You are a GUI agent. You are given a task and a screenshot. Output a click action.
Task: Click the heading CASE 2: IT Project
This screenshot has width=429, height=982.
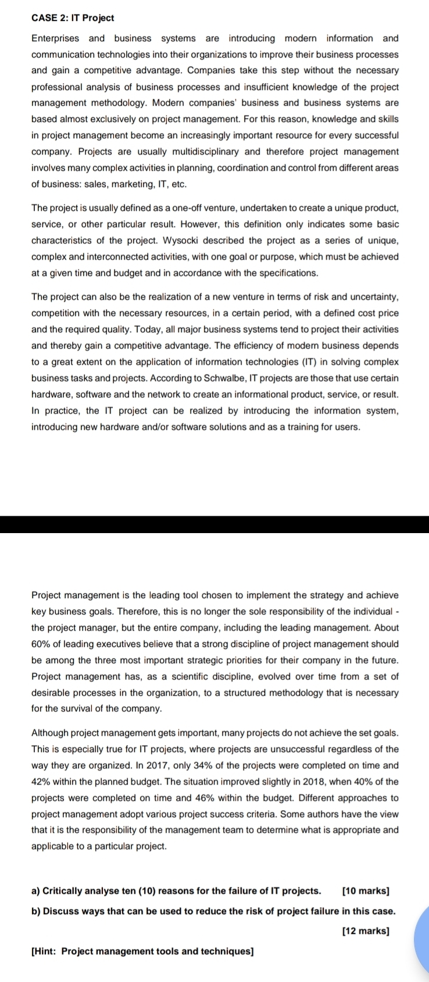(73, 18)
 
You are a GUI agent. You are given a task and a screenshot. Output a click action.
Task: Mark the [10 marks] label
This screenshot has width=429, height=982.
(366, 891)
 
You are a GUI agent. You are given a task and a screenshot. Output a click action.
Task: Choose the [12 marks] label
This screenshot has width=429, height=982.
(366, 931)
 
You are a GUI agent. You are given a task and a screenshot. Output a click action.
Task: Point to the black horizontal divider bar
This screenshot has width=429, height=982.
(214, 524)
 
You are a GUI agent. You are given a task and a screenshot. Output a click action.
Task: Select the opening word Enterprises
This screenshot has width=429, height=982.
(55, 38)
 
